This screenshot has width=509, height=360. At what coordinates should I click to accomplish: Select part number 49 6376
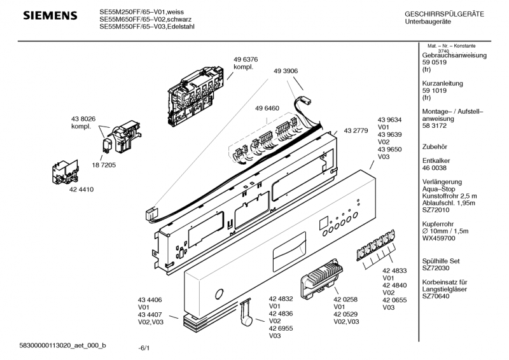pyautogui.click(x=246, y=59)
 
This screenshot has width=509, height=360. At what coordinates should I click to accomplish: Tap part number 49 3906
pyautogui.click(x=286, y=71)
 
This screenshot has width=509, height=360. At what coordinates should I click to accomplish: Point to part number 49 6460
pyautogui.click(x=267, y=109)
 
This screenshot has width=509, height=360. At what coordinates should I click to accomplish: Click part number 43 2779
pyautogui.click(x=356, y=131)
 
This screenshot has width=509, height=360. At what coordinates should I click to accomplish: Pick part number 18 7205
pyautogui.click(x=111, y=165)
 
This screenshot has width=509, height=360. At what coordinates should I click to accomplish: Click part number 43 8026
pyautogui.click(x=83, y=118)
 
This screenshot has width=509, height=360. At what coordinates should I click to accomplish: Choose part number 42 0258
pyautogui.click(x=346, y=298)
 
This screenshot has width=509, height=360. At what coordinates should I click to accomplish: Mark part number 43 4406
pyautogui.click(x=150, y=299)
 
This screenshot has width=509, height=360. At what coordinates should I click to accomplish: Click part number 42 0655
pyautogui.click(x=394, y=300)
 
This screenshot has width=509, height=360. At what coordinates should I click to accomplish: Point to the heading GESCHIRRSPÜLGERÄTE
pyautogui.click(x=444, y=14)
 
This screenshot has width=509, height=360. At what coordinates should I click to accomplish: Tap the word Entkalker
pyautogui.click(x=437, y=161)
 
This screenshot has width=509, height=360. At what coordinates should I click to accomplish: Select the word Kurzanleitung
pyautogui.click(x=442, y=83)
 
